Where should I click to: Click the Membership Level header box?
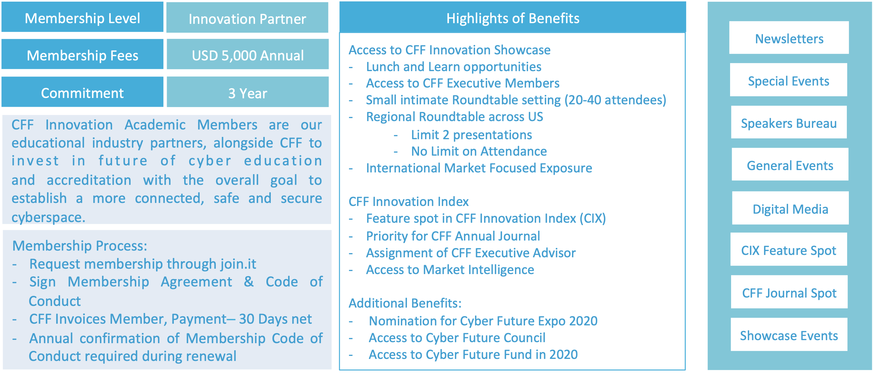(x=82, y=17)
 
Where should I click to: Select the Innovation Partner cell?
(x=247, y=18)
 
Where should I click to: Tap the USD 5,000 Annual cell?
(x=248, y=54)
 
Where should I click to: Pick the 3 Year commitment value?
(x=248, y=92)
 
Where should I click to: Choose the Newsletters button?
(x=789, y=38)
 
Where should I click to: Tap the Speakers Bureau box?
(x=789, y=122)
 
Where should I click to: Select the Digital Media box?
(x=790, y=208)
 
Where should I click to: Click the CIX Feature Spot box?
(x=788, y=249)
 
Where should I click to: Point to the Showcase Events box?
(x=789, y=334)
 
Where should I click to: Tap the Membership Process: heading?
(x=80, y=246)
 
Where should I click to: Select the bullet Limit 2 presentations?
(x=471, y=135)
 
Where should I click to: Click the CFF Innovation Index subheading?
(x=408, y=202)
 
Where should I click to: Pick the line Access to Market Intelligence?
(x=450, y=270)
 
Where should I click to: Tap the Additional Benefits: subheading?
(x=405, y=303)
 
